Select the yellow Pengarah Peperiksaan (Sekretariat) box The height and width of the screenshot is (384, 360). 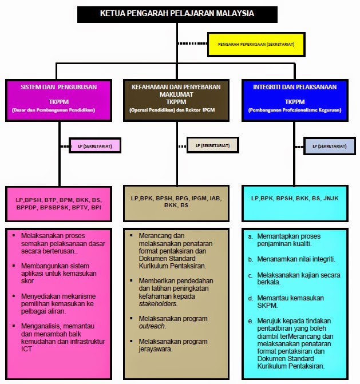(252, 44)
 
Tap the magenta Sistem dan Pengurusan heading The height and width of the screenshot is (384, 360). (58, 88)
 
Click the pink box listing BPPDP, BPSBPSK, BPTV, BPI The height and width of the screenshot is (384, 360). (58, 204)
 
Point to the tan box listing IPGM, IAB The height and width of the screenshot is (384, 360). (176, 201)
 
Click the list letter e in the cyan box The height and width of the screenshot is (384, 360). (250, 321)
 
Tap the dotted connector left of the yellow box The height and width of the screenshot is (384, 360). (192, 43)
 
